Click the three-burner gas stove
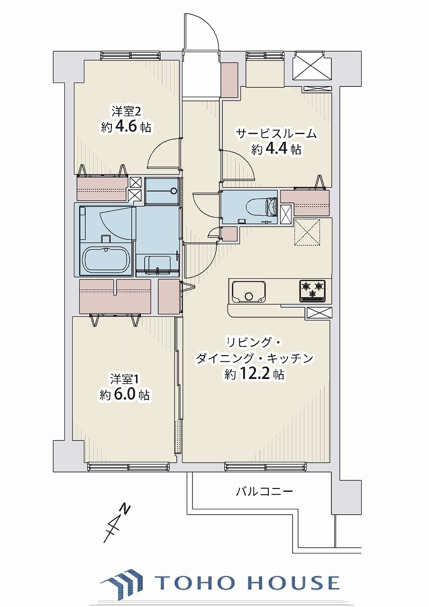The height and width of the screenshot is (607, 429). click(x=312, y=291)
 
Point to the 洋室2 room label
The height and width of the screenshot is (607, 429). click(x=126, y=111)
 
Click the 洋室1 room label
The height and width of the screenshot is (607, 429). click(x=124, y=379)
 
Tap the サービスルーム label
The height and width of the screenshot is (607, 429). click(x=276, y=134)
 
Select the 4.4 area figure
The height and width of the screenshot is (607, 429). click(x=276, y=149)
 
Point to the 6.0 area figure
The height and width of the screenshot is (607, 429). click(x=125, y=395)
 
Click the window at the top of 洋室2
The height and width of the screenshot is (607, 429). click(x=130, y=56)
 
